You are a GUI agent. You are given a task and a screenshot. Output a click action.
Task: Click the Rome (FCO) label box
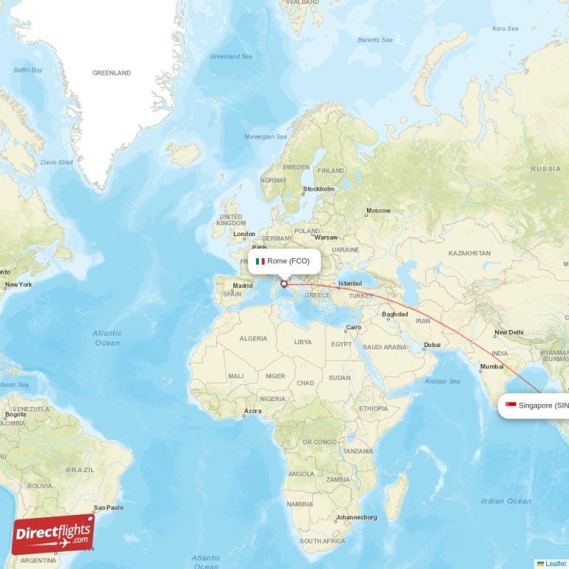[x=284, y=261]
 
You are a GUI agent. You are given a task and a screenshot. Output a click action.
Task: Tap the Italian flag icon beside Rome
[x=260, y=261]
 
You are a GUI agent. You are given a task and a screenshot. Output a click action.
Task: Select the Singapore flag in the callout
[x=510, y=405]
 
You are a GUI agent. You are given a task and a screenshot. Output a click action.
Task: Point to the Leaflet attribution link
[x=555, y=563]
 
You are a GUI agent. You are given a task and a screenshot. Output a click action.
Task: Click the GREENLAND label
[x=112, y=73]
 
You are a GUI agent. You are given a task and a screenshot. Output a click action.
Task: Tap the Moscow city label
[x=378, y=211]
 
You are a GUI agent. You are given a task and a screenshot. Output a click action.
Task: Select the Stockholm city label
[x=319, y=189]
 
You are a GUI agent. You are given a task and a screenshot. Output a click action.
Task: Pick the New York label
[x=19, y=284]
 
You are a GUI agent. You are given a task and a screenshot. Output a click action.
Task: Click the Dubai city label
[x=431, y=345]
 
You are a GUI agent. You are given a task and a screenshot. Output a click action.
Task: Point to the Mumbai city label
[x=491, y=367]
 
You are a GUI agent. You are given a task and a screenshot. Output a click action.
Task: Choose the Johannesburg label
[x=361, y=516]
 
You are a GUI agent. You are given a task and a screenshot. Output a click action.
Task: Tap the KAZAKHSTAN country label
[x=469, y=253]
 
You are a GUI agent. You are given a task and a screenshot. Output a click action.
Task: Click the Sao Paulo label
[x=110, y=507]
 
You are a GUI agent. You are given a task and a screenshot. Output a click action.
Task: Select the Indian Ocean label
[x=506, y=501]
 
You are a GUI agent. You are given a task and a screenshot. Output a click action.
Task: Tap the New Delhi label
[x=509, y=332]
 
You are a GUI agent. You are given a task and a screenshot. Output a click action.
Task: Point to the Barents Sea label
[x=375, y=40]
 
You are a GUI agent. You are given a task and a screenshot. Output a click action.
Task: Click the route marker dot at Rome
[x=284, y=284]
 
